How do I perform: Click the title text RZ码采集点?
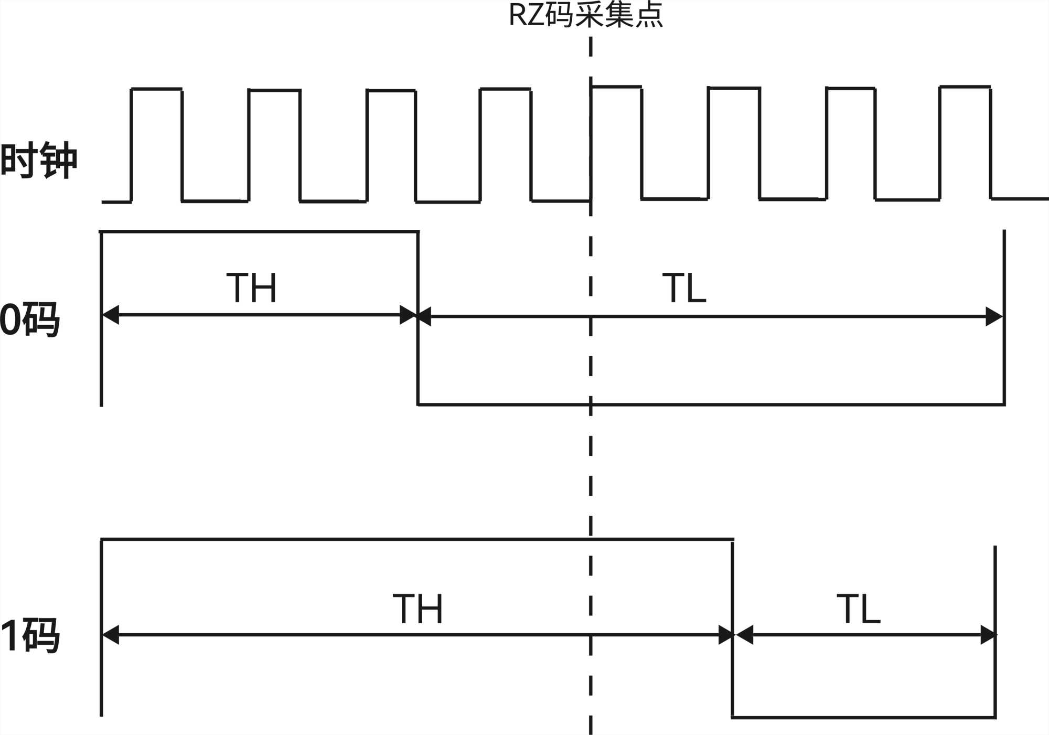[586, 15]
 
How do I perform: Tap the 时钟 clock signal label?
[39, 160]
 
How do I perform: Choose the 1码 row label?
[30, 635]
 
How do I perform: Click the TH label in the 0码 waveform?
[251, 287]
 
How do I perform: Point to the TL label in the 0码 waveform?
[684, 288]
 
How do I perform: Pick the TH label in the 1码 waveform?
[418, 609]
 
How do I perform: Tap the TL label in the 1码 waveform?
[858, 609]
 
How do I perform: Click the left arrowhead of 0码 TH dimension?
[111, 315]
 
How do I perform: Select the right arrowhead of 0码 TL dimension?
[994, 317]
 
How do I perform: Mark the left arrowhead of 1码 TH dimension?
[111, 635]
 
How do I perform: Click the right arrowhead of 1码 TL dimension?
[988, 635]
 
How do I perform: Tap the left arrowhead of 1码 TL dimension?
[745, 635]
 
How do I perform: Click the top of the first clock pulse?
[156, 89]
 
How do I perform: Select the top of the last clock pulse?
[965, 87]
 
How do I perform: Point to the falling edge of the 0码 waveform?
[418, 362]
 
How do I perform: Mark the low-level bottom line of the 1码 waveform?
[863, 717]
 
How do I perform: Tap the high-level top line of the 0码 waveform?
[259, 231]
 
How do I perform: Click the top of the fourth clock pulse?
[505, 90]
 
